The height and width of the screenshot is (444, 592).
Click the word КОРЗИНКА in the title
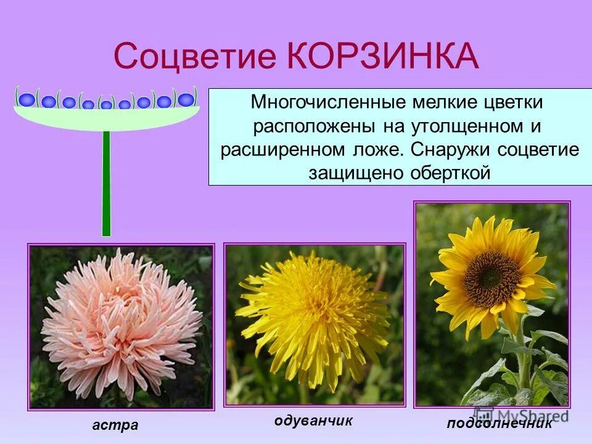382,56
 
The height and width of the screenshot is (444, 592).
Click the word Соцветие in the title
195,56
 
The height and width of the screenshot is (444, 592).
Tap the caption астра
116,425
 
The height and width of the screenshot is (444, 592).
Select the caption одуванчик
313,421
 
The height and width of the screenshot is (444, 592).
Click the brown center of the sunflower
491,279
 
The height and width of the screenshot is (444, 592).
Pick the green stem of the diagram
106,185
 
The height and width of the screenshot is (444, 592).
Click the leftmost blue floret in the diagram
27,99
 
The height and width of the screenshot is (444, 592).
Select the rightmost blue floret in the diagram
186,99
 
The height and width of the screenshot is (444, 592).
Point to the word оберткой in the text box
451,173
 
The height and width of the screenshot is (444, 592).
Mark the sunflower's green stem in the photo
524,358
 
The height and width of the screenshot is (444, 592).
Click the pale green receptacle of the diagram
106,118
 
